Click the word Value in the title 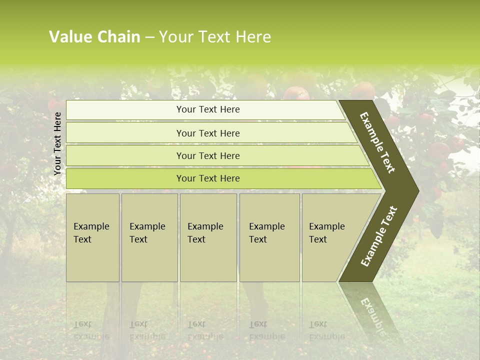(68, 37)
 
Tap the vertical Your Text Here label (57, 143)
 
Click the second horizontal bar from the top (207, 133)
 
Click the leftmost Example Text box (92, 237)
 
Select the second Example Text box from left (149, 237)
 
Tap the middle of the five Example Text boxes (208, 237)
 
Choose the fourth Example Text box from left (269, 237)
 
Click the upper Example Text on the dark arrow (377, 142)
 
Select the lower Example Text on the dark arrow (379, 236)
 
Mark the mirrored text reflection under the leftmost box (91, 330)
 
